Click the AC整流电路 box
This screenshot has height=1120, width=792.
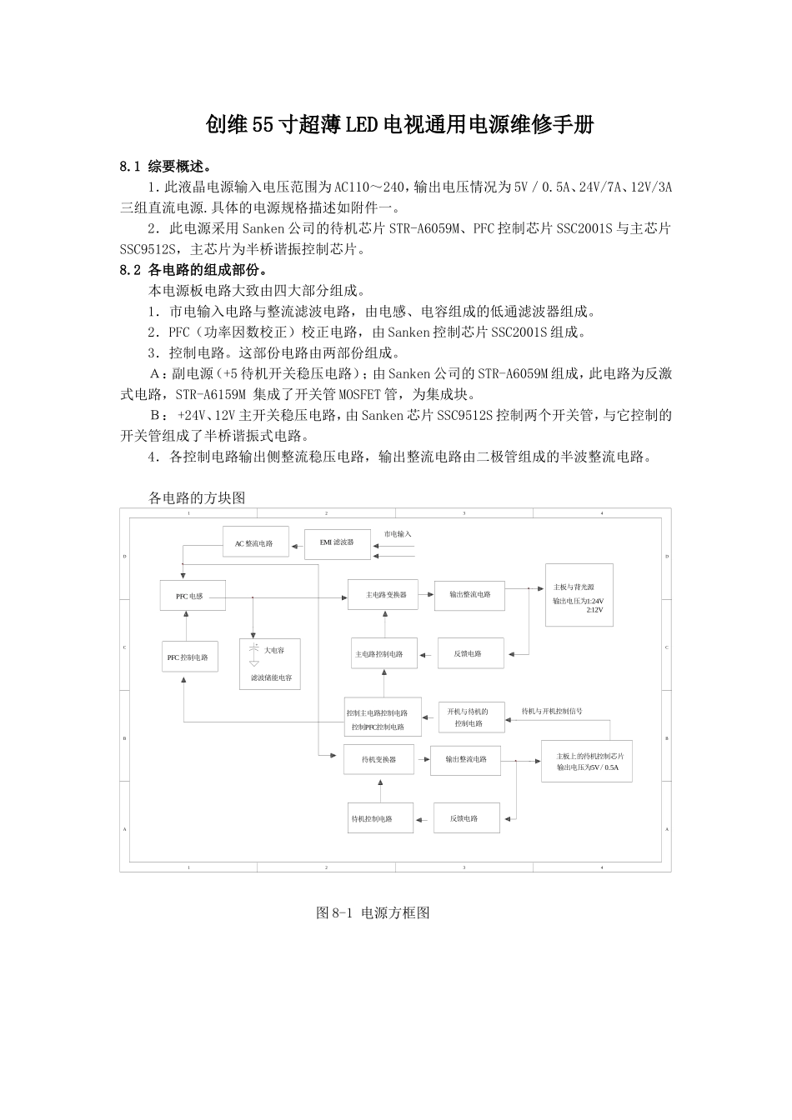point(255,542)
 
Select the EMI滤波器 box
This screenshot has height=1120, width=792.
point(337,542)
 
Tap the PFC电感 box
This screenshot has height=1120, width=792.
point(193,596)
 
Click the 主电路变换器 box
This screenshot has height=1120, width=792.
point(383,594)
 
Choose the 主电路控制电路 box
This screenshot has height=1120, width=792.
point(383,654)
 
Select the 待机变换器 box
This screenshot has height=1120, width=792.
point(378,759)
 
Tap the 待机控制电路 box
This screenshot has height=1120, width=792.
point(381,818)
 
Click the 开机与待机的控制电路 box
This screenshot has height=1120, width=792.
point(471,717)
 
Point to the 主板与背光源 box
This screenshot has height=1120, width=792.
point(579,594)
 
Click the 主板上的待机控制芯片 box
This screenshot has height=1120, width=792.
point(587,761)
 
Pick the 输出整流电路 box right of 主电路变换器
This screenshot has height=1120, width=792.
point(469,595)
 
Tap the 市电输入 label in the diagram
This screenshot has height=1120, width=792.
point(398,534)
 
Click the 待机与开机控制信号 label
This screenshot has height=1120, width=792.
point(552,712)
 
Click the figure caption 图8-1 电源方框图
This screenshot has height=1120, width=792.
point(373,912)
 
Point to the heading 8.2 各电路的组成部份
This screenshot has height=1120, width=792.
point(193,270)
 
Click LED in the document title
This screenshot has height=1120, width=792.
point(363,125)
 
